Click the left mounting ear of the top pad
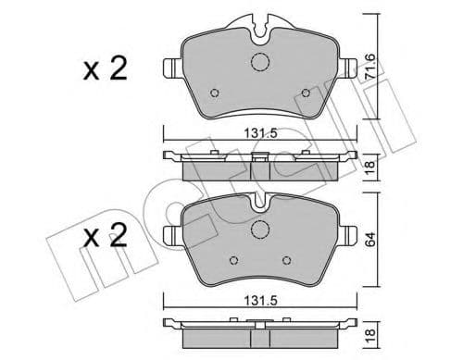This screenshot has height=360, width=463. (171, 68)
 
